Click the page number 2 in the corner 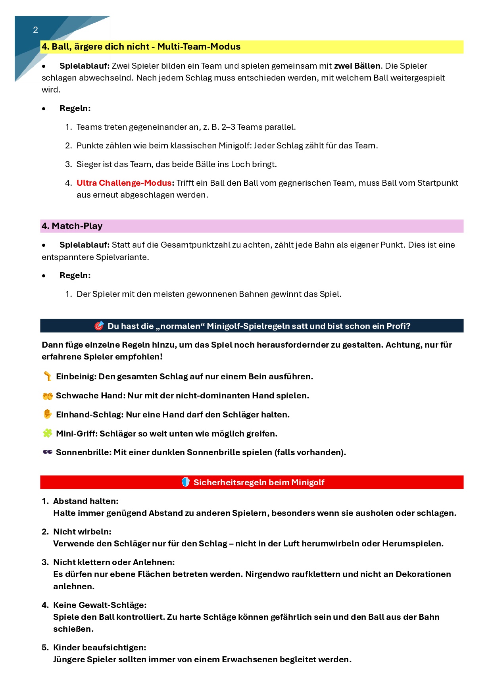[35, 30]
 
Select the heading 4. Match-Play [72, 226]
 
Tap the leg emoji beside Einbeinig [48, 376]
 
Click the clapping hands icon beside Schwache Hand [48, 396]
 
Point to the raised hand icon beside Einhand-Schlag [48, 414]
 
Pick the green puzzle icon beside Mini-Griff [48, 433]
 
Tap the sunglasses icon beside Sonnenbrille [48, 452]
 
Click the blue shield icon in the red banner [185, 482]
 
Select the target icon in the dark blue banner [99, 326]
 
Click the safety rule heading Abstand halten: [86, 501]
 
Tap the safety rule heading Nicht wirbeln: [82, 532]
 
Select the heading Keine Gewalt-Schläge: [100, 605]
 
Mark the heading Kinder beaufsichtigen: [100, 648]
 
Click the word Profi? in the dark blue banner [398, 326]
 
